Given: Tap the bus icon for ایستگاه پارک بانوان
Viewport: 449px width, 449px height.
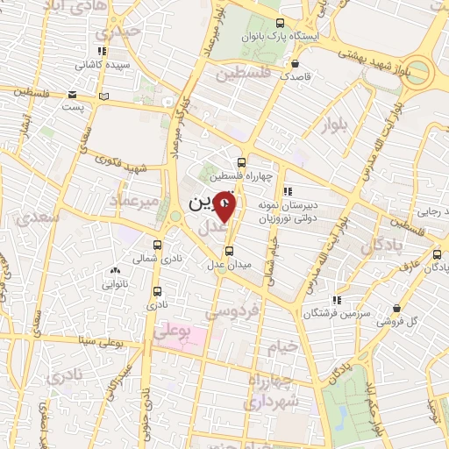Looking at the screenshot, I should [x=279, y=24].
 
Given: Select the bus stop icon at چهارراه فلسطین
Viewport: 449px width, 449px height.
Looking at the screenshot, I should [x=242, y=161].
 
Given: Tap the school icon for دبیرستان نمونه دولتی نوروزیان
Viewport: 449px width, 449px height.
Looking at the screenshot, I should [x=287, y=191].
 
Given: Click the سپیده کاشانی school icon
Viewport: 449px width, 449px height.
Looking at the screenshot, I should [x=103, y=51].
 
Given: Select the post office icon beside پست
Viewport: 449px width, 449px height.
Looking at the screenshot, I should [x=104, y=96].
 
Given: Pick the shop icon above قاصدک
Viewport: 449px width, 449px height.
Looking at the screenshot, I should [x=295, y=63].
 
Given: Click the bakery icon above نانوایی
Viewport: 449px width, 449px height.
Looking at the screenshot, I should [x=116, y=271].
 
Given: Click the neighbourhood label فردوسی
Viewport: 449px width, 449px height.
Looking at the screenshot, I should [x=243, y=310].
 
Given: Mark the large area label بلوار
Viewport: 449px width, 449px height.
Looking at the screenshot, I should [x=335, y=124].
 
